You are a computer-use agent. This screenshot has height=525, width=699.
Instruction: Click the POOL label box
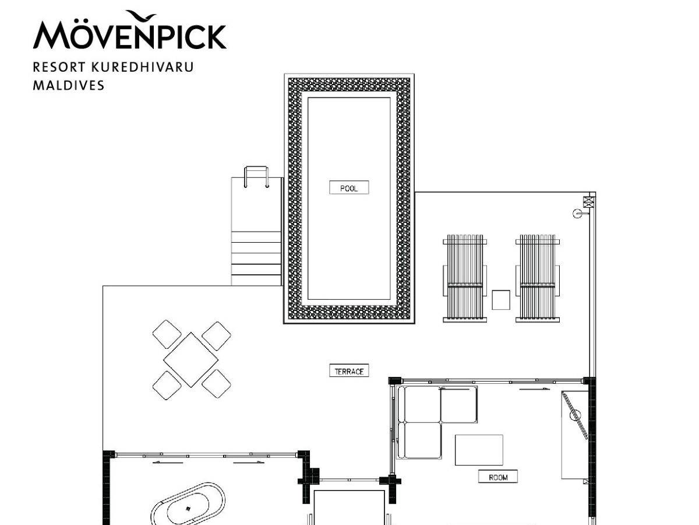tap(349, 187)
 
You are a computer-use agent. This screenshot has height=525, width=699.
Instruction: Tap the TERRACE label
tap(349, 371)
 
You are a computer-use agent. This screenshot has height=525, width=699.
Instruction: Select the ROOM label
tap(497, 477)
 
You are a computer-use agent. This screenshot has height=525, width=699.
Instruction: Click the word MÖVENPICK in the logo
tap(130, 36)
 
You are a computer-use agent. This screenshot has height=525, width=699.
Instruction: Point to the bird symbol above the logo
tap(141, 16)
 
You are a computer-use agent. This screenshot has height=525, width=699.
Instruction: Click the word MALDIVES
tap(69, 85)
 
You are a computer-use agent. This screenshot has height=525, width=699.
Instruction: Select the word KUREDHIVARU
tap(142, 67)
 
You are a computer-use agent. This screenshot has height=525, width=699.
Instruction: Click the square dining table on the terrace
tap(190, 360)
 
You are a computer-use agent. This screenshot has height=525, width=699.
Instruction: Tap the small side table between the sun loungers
tap(500, 300)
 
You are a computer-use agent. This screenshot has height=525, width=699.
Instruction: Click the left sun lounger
tap(465, 278)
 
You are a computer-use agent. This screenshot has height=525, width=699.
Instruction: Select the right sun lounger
tap(538, 278)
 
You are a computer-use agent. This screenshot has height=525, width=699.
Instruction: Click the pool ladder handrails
tap(256, 177)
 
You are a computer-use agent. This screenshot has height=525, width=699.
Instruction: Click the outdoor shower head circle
tap(577, 213)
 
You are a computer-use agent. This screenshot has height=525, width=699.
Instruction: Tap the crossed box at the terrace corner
tap(588, 202)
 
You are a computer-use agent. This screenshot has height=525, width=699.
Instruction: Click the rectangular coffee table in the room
tap(479, 450)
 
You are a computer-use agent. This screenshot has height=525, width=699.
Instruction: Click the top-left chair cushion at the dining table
tap(167, 334)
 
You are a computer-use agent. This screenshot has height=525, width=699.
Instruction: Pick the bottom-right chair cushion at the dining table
tap(216, 384)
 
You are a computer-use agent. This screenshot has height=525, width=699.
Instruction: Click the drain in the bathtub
tap(188, 509)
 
